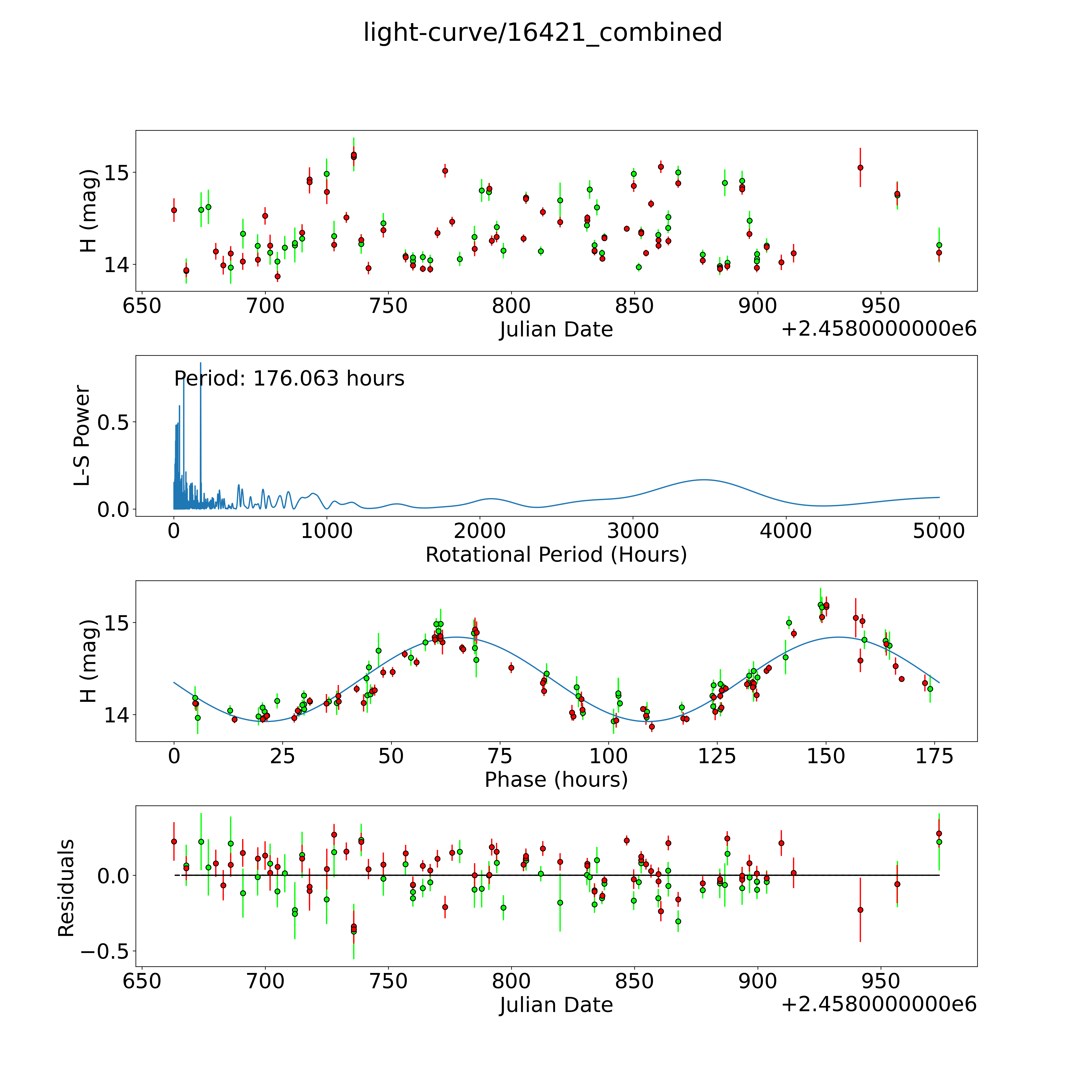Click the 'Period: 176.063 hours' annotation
289,379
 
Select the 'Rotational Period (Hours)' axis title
556,555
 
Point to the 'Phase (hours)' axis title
556,780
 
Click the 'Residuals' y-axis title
66,888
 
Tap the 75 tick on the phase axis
500,757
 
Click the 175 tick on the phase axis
934,757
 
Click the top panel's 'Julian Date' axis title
556,329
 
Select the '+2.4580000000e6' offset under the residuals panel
879,1005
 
